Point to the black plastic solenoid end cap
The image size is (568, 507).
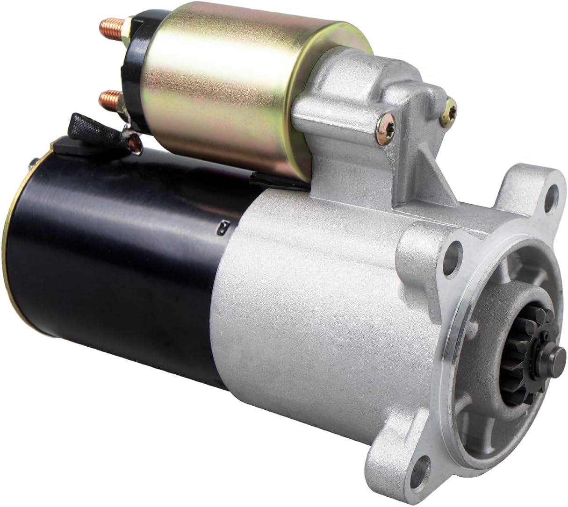131,65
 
